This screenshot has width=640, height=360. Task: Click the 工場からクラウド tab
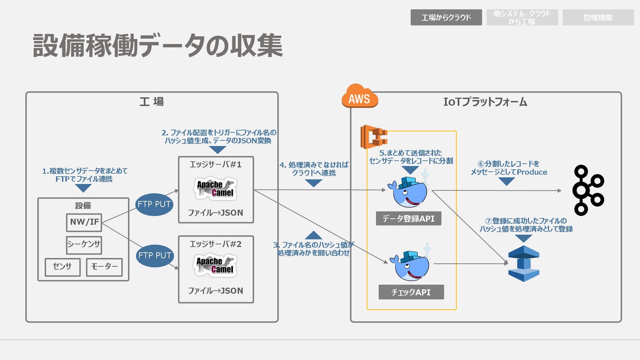point(446,17)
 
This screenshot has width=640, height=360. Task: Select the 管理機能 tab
point(598,17)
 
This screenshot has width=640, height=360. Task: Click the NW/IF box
point(84,222)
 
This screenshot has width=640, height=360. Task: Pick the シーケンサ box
point(84,245)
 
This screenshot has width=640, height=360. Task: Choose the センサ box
point(63,267)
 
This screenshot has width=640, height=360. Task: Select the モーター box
point(104,267)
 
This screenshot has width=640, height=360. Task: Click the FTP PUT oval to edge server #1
point(154,204)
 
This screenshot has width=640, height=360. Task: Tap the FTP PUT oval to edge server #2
point(155,256)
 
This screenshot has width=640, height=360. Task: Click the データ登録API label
point(409,218)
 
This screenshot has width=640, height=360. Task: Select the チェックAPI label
point(411,292)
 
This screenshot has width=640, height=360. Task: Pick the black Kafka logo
point(588,190)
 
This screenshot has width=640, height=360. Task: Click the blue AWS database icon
point(524,264)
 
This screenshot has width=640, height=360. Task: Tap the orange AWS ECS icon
point(374,137)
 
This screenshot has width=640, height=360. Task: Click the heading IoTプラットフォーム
point(485,102)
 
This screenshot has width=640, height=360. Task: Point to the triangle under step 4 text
point(314,183)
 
